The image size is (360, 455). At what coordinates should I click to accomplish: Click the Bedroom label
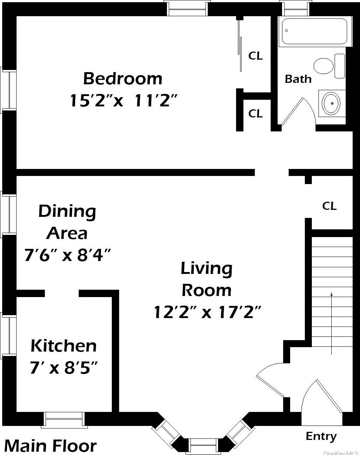tap(122, 78)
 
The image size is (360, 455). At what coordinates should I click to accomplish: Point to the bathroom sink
tap(331, 103)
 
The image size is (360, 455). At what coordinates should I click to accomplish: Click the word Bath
tap(298, 79)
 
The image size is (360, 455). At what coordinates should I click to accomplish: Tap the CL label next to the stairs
tap(329, 206)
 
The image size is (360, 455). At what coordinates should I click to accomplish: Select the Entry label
tap(321, 436)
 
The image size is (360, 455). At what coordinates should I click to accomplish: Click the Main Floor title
tap(50, 446)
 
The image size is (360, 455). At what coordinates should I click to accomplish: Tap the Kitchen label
tap(64, 346)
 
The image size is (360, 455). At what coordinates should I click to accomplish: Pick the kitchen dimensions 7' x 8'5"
tap(64, 367)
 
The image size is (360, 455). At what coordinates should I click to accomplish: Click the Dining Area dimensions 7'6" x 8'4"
tap(67, 255)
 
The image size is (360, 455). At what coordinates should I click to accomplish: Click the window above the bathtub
tap(295, 8)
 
